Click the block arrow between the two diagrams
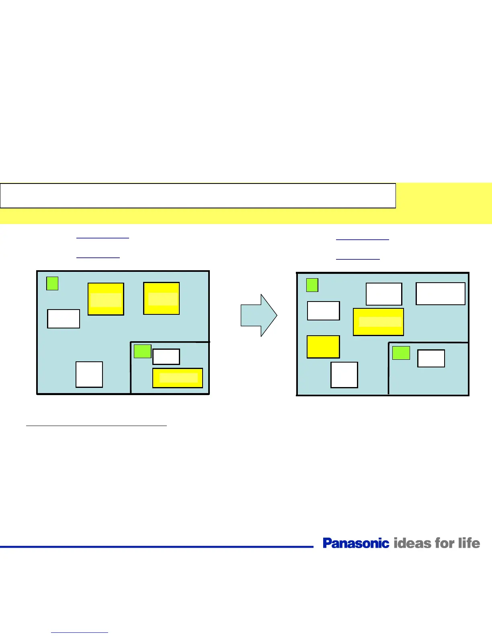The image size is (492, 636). [258, 316]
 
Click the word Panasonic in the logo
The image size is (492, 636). [356, 543]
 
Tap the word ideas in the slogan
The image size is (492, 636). [412, 543]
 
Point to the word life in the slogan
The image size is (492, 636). [469, 543]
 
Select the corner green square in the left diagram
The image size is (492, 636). [52, 283]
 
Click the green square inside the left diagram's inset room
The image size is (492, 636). [142, 351]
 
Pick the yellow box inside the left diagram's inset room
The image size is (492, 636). [177, 378]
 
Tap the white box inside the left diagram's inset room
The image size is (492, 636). [166, 357]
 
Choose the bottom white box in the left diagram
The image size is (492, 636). [89, 375]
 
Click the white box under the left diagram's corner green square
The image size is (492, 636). [64, 319]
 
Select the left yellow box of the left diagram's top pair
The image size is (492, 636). [106, 299]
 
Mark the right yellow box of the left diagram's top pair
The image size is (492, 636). [161, 298]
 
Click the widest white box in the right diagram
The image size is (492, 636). [440, 294]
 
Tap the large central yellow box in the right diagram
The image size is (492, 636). [378, 322]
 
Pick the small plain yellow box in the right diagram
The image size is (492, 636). [323, 347]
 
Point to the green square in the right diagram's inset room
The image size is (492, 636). [401, 353]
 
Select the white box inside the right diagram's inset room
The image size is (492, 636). [431, 358]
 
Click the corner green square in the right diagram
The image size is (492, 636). [312, 285]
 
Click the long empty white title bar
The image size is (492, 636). [198, 196]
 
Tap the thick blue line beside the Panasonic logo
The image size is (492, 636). [157, 546]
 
